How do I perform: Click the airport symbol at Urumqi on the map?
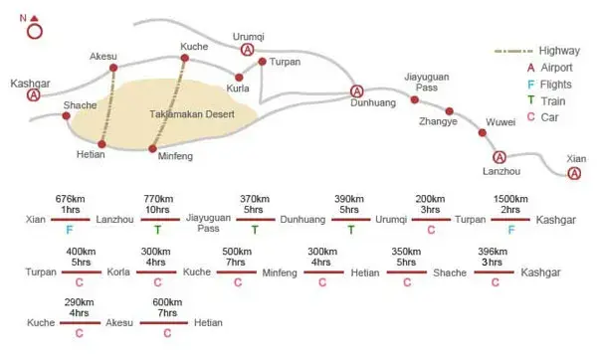pos(248,50)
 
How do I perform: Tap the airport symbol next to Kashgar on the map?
pos(34,94)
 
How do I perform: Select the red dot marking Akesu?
pos(113,68)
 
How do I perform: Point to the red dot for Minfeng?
pos(152,149)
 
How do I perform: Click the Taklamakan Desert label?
pos(192,114)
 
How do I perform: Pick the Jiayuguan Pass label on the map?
pos(427,82)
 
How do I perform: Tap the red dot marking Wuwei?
pos(483,133)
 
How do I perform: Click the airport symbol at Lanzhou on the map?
pos(499,157)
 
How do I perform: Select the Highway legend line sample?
pos(513,51)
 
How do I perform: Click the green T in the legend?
pos(530,100)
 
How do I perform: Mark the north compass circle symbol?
pos(35,32)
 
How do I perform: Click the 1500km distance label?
pos(510,199)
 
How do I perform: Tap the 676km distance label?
pos(70,199)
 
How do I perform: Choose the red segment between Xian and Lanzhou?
pos(71,220)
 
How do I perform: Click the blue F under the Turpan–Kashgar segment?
pos(511,230)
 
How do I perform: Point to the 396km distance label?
pos(493,252)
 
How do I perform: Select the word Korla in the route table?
pos(118,272)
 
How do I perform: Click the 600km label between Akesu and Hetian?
pos(167,302)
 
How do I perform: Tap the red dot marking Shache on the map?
pos(67,115)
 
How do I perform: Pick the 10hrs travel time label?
pos(157,210)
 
